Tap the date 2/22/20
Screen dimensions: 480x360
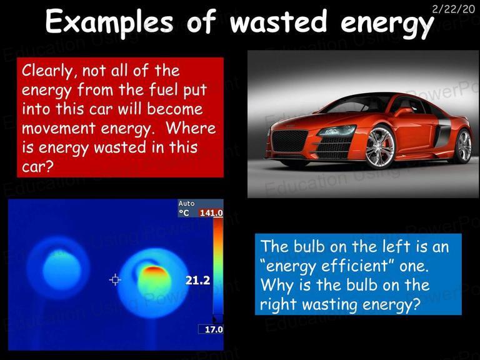453,9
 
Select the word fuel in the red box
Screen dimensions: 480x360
164,89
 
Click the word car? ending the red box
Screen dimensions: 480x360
37,167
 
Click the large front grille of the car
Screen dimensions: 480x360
289,141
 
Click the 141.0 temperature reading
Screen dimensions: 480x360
211,212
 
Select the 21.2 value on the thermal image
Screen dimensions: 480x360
197,280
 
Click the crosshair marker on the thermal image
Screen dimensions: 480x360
115,280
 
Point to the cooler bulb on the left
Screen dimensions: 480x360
61,269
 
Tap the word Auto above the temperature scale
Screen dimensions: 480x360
186,204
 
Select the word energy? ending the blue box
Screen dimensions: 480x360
390,304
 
